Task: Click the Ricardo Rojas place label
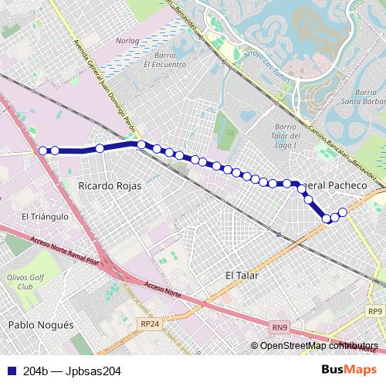click(108, 185)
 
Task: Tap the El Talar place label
click(242, 275)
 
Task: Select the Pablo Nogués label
click(40, 325)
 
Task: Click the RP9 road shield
click(375, 311)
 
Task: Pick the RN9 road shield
click(282, 327)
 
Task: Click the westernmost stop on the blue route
click(43, 151)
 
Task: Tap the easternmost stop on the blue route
click(343, 212)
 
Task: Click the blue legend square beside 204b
click(7, 371)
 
